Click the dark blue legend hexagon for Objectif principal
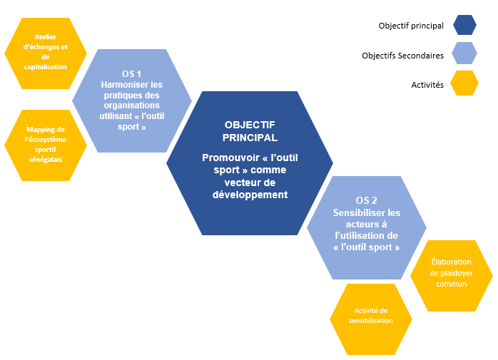464,26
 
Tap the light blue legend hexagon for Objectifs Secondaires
464,55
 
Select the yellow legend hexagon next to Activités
464,84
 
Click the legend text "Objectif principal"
411,26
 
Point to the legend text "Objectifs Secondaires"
402,55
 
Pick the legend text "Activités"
427,84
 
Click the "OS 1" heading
131,74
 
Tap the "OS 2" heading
366,200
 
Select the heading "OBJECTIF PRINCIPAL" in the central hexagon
249,130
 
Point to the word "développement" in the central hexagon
249,194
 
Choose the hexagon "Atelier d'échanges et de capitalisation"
45,51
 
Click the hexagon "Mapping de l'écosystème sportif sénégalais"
45,144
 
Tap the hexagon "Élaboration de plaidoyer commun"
451,274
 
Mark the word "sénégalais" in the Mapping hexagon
45,159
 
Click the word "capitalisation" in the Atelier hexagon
45,66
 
